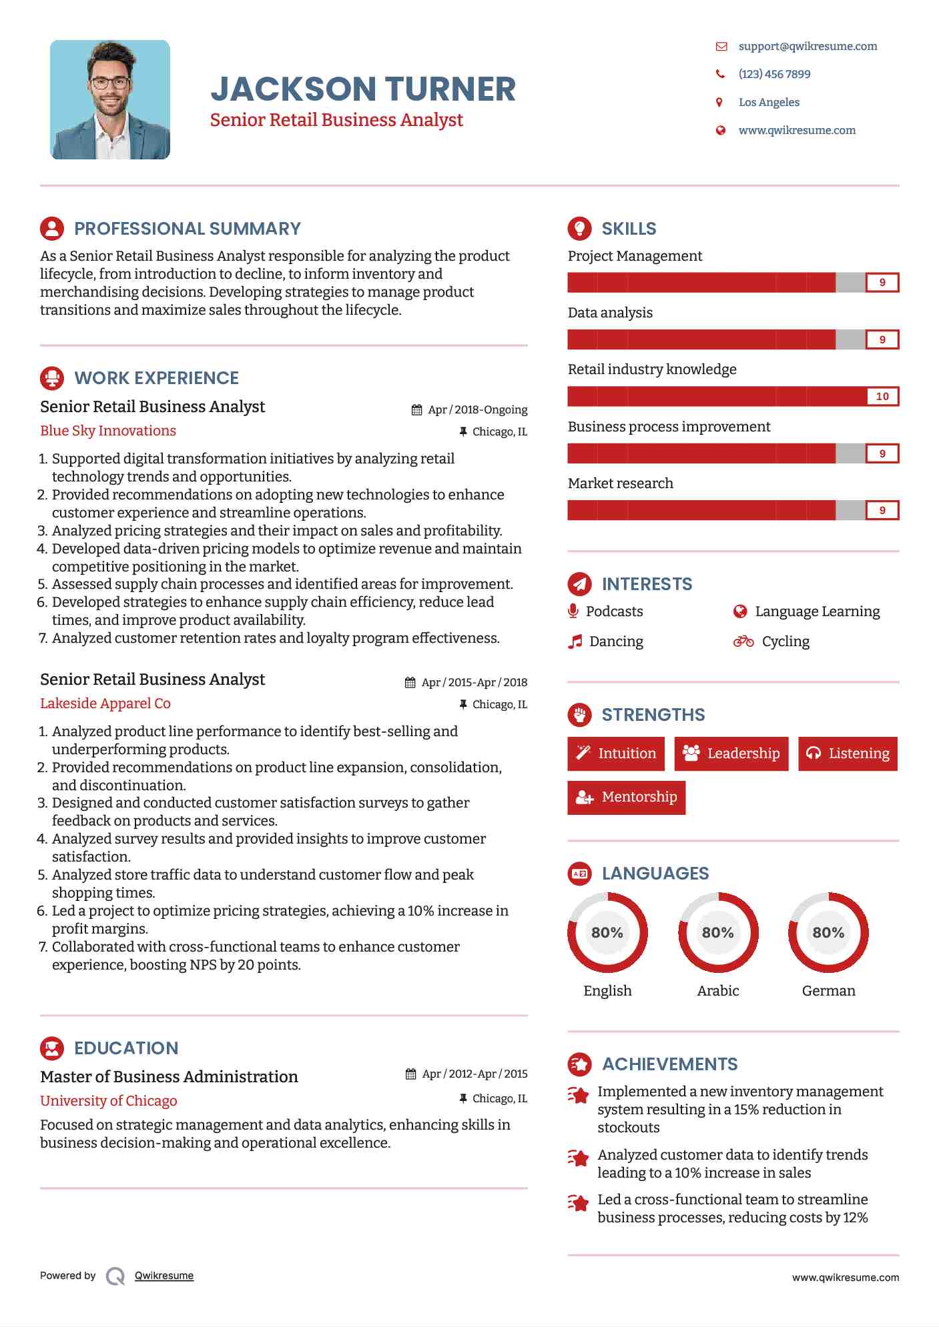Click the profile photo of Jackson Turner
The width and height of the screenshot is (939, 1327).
110,99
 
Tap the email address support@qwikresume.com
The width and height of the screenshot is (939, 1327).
808,46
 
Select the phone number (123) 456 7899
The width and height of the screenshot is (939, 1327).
774,74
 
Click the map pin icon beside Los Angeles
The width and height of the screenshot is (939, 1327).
719,102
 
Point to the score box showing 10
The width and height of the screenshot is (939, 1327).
882,396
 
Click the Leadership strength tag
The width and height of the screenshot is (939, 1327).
731,754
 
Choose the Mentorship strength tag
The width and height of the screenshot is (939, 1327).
626,798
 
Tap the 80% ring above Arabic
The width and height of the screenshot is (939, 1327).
718,932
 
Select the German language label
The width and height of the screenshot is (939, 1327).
828,991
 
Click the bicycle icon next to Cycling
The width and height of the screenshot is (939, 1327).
743,641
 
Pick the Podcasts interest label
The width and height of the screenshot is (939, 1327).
614,611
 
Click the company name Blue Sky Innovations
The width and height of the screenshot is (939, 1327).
108,431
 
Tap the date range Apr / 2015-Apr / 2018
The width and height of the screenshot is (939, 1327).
474,682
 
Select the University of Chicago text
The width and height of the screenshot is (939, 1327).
109,1101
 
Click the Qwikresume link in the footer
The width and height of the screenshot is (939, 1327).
164,1276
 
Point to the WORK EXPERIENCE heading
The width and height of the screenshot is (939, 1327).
156,378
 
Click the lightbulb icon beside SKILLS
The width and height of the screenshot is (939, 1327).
579,228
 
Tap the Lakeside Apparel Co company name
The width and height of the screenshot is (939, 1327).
105,704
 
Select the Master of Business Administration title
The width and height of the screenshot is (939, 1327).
169,1077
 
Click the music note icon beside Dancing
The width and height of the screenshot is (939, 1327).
575,641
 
